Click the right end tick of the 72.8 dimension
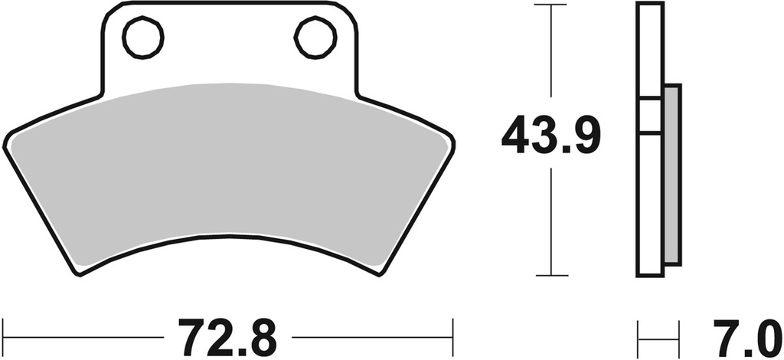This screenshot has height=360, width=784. pos(454,335)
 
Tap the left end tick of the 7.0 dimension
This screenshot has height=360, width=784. pos(639,335)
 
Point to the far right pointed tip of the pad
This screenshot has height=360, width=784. pos(453,141)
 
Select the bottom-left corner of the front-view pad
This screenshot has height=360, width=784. pos(79,271)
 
